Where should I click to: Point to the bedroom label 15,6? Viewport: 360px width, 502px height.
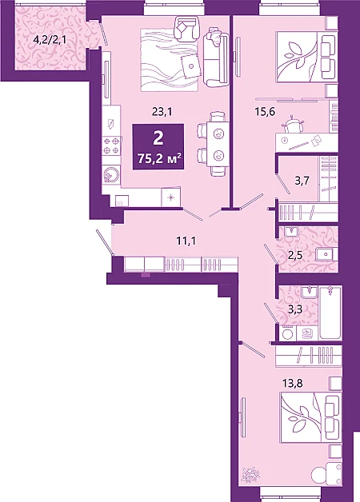pyautogui.click(x=265, y=112)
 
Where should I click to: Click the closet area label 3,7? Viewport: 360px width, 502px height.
pyautogui.click(x=302, y=181)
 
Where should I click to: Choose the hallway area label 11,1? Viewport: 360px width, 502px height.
pyautogui.click(x=186, y=241)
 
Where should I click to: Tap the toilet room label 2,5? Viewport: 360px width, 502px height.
pyautogui.click(x=295, y=255)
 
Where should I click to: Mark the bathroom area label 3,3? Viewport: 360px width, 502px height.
pyautogui.click(x=295, y=309)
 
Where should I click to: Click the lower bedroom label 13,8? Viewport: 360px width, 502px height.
pyautogui.click(x=293, y=383)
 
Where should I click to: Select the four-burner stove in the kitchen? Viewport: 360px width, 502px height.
pyautogui.click(x=111, y=145)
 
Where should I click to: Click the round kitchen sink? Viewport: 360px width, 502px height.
pyautogui.click(x=111, y=174)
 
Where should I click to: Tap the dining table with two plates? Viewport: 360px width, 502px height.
pyautogui.click(x=218, y=144)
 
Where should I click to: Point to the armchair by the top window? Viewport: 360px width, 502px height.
pyautogui.click(x=186, y=28)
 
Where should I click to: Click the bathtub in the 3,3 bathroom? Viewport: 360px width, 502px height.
pyautogui.click(x=330, y=312)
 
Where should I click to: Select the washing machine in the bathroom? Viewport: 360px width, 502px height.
pyautogui.click(x=288, y=333)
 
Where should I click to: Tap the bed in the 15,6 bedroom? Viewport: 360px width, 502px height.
pyautogui.click(x=304, y=57)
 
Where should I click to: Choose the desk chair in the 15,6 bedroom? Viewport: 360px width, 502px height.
pyautogui.click(x=292, y=125)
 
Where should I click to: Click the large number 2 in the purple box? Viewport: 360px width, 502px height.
pyautogui.click(x=158, y=138)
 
